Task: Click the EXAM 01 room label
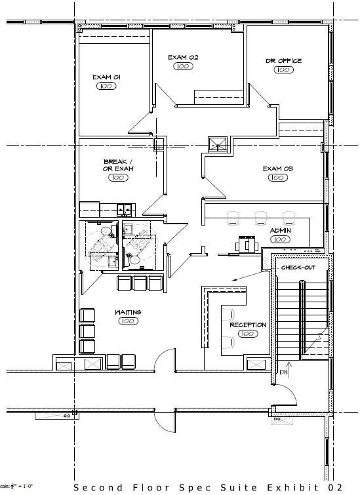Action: click(x=106, y=77)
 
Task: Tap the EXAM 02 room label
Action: click(x=183, y=58)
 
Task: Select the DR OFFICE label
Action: click(x=283, y=61)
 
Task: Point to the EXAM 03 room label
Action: click(x=277, y=168)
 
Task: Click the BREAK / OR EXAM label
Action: click(x=118, y=165)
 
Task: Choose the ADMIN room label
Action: click(x=280, y=231)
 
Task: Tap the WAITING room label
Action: click(x=128, y=312)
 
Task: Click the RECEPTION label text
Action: click(x=247, y=325)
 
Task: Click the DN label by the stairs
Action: click(x=284, y=372)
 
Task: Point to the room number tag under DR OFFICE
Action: click(x=283, y=70)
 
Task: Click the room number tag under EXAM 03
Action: click(x=277, y=178)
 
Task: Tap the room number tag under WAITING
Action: click(x=128, y=321)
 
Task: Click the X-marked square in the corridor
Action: click(x=216, y=144)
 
